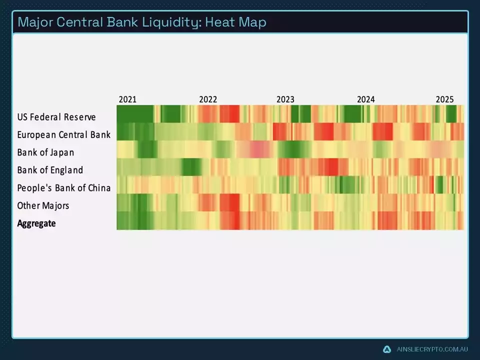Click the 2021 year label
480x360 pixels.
click(x=127, y=99)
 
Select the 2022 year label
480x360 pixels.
click(x=208, y=99)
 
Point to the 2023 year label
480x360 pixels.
click(x=285, y=99)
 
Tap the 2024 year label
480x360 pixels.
click(x=366, y=99)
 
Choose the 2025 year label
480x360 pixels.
click(x=444, y=99)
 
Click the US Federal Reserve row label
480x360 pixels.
click(x=56, y=117)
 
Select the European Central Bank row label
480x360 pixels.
click(x=63, y=135)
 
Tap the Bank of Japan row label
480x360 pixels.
click(x=45, y=152)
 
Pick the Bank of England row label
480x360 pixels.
click(x=50, y=170)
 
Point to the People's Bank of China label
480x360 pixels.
click(x=63, y=188)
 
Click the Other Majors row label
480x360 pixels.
click(x=43, y=205)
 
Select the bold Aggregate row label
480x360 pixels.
click(x=36, y=223)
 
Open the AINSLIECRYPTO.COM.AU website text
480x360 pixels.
click(x=431, y=349)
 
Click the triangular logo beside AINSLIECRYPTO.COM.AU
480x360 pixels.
click(x=386, y=349)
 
